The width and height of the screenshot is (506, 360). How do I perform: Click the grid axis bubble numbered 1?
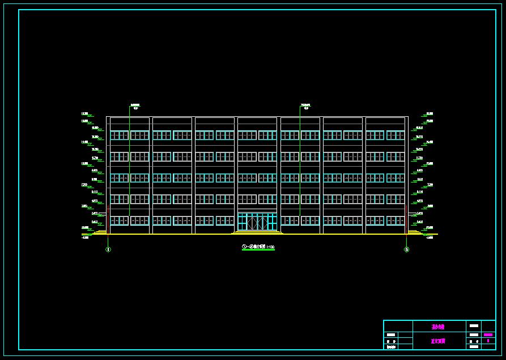click(x=108, y=249)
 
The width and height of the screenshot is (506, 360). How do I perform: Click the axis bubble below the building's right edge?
click(x=406, y=249)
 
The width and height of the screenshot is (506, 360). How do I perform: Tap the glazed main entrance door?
click(x=257, y=222)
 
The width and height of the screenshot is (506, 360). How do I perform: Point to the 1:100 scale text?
click(x=271, y=247)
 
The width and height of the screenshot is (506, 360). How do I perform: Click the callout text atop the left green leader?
click(x=135, y=106)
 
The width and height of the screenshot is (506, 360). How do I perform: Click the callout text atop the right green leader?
click(x=305, y=106)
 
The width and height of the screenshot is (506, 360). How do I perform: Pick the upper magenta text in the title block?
click(x=438, y=327)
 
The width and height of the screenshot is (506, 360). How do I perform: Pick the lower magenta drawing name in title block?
click(x=438, y=341)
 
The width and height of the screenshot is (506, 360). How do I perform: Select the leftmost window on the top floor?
click(x=119, y=135)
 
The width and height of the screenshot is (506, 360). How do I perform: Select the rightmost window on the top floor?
click(x=396, y=135)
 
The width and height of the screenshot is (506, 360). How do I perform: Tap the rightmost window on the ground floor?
click(x=396, y=221)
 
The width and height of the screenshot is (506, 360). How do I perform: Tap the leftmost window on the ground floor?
click(x=119, y=221)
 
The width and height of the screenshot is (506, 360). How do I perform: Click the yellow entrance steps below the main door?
click(x=257, y=232)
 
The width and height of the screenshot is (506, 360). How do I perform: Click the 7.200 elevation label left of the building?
click(x=84, y=185)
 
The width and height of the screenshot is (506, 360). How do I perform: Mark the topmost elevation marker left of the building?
click(x=85, y=114)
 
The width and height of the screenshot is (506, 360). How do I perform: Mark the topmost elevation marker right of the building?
click(x=430, y=114)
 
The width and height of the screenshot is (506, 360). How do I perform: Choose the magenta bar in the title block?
click(x=488, y=335)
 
